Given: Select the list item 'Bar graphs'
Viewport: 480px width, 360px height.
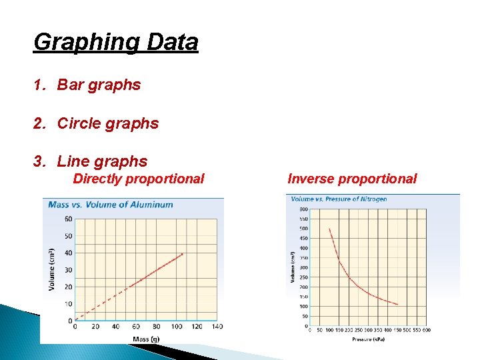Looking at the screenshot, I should pyautogui.click(x=99, y=85).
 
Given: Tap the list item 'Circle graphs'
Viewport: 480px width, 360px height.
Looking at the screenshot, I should pyautogui.click(x=108, y=123).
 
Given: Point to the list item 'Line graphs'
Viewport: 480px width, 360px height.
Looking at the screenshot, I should pyautogui.click(x=102, y=161).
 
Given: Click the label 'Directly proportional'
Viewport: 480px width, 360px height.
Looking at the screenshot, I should pyautogui.click(x=138, y=179).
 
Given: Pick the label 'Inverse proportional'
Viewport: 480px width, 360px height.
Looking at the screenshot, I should pyautogui.click(x=351, y=179).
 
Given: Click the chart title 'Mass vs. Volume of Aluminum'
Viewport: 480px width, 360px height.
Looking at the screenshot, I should pyautogui.click(x=111, y=205).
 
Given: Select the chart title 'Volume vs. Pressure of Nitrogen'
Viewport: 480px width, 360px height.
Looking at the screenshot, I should pyautogui.click(x=339, y=199).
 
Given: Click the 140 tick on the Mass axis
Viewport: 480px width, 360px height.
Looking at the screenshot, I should pyautogui.click(x=217, y=327).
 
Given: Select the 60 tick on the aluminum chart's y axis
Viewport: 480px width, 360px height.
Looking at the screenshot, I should pyautogui.click(x=69, y=219).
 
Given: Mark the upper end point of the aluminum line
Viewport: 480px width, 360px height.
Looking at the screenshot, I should pyautogui.click(x=182, y=254).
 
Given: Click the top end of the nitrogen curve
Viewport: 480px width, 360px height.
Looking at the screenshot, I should pyautogui.click(x=329, y=229).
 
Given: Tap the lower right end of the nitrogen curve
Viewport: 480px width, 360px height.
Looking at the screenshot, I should pyautogui.click(x=397, y=305).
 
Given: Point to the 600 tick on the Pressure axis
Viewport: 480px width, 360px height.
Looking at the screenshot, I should pyautogui.click(x=427, y=330).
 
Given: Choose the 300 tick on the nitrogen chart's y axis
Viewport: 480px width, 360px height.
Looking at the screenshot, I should pyautogui.click(x=305, y=267).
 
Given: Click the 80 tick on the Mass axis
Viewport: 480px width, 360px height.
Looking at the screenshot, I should pyautogui.click(x=156, y=327).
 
